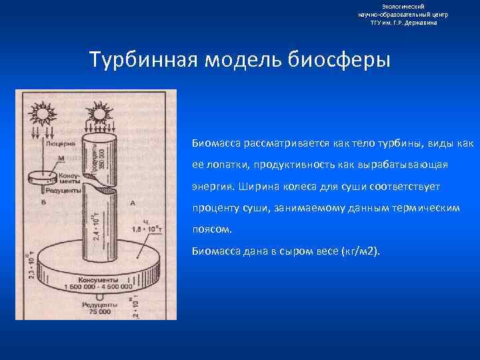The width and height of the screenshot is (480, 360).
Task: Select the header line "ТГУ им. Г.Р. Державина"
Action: coord(403,22)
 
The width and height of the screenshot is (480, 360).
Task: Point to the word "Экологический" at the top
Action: coord(403,6)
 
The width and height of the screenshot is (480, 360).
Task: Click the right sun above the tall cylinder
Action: coord(98,113)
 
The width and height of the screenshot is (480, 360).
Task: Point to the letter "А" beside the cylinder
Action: coord(133,203)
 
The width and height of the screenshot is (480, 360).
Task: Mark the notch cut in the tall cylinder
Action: coord(99,190)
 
